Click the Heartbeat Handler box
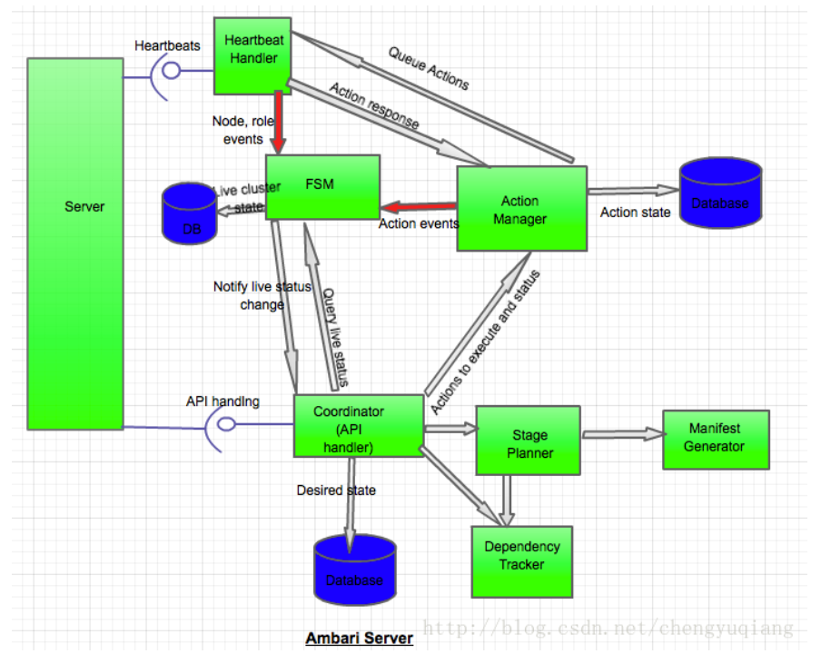click(x=252, y=54)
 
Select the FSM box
click(x=321, y=185)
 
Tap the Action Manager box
click(x=521, y=209)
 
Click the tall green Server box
click(x=74, y=243)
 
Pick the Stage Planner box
click(x=528, y=441)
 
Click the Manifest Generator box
click(x=716, y=439)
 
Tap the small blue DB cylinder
click(x=190, y=214)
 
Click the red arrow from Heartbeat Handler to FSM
click(x=278, y=123)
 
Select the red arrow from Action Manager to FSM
click(x=418, y=205)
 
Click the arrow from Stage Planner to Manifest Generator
click(x=621, y=434)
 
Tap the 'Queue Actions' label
click(x=429, y=68)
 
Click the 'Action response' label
click(x=374, y=105)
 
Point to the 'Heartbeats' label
click(x=168, y=45)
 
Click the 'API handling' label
click(x=223, y=401)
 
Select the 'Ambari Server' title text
click(x=359, y=639)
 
